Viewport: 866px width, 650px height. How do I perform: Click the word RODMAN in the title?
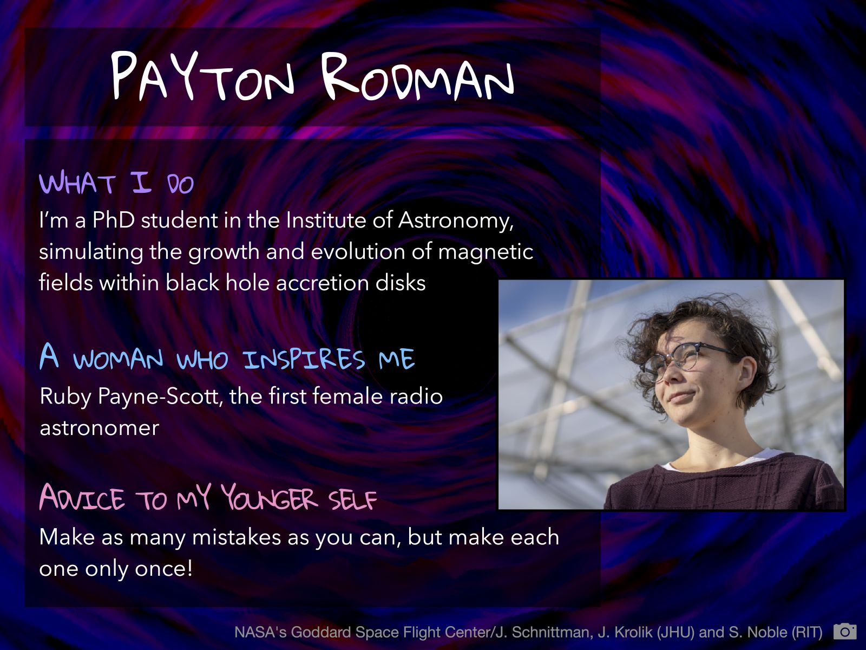coord(417,76)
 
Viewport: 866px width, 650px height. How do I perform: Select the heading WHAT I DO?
coord(116,183)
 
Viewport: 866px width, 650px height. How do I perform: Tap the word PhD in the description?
coord(114,220)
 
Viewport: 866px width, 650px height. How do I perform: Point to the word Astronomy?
coord(456,221)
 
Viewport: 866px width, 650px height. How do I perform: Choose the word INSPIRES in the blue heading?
coord(304,359)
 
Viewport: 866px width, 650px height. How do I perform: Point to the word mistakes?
coord(237,537)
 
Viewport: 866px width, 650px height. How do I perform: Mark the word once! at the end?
coord(164,569)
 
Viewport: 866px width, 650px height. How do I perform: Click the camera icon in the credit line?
coord(845,632)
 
